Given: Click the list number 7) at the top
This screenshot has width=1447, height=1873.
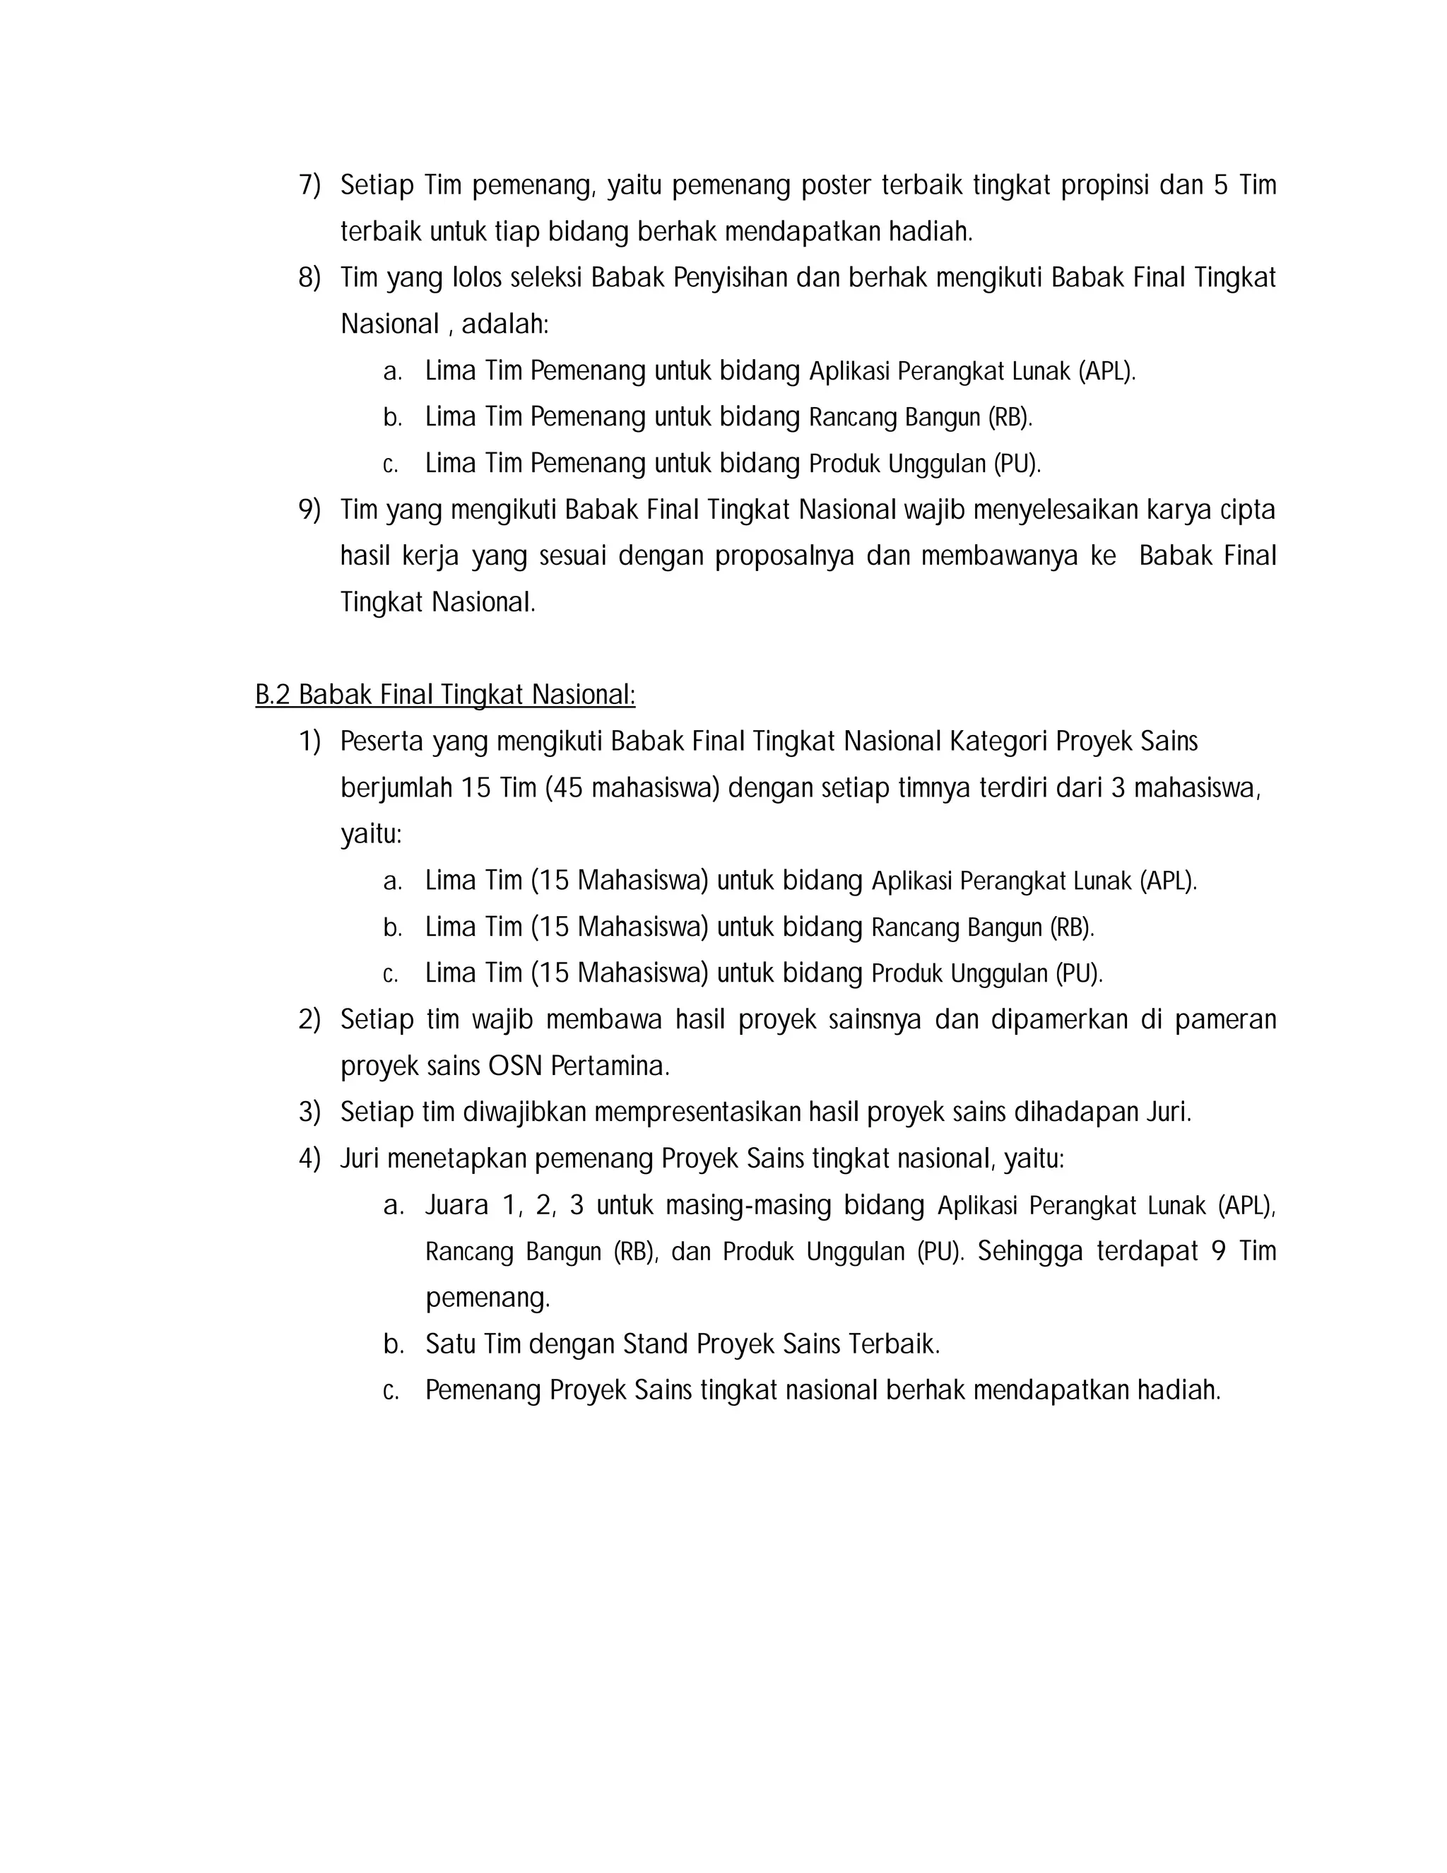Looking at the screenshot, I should pos(309,185).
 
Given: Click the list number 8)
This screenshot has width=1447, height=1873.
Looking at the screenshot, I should pos(309,278).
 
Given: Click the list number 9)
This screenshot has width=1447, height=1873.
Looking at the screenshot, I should pos(309,510).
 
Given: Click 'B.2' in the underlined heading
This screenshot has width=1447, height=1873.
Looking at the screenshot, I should pos(273,695).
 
